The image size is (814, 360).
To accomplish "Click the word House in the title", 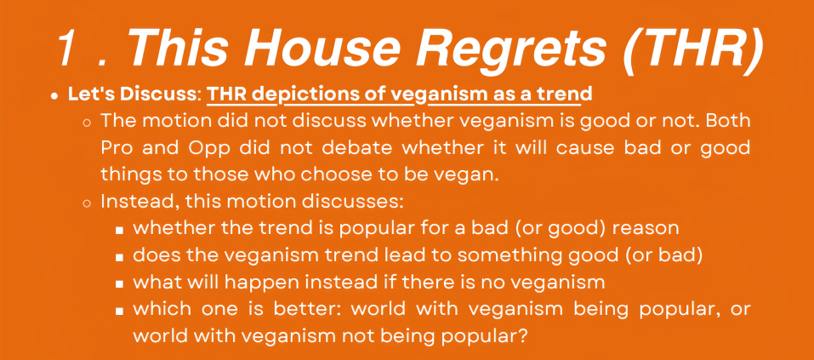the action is coord(299,48).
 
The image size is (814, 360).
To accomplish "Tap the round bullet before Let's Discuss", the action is coord(54,96).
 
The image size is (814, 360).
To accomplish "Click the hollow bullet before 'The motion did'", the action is coord(87,123).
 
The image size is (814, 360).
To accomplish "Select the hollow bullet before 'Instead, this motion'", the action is coord(87,203).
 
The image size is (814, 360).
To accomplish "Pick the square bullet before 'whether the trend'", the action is coord(120,230).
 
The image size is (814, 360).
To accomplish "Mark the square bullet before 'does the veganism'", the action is coord(120,257).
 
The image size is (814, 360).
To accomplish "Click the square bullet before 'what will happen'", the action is coord(120,284).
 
